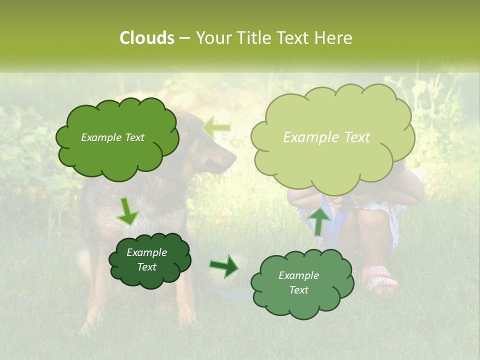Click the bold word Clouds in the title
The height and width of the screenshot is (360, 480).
point(146,38)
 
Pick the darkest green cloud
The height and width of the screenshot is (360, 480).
point(149,260)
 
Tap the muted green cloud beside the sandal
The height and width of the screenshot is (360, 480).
point(301,282)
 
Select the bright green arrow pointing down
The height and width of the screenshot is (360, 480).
point(128,211)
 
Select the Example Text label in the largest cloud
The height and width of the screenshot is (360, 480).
point(326,137)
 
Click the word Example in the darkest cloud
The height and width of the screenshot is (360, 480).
point(146,252)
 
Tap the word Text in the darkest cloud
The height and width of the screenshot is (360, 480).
point(146,267)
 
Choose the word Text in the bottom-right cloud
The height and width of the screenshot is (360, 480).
point(298,290)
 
